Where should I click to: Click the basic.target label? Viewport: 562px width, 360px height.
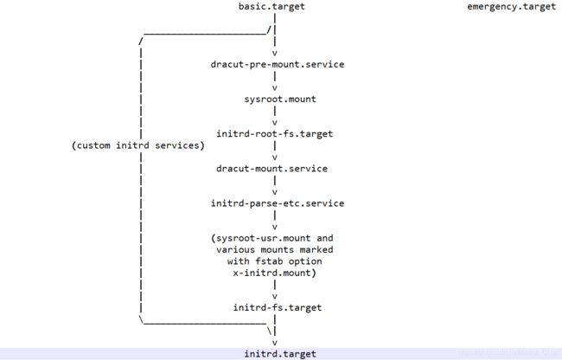(271, 6)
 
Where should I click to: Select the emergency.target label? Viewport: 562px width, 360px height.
(511, 7)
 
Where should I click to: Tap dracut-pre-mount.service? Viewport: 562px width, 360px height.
(278, 65)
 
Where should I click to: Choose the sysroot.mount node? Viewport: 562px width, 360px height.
(280, 100)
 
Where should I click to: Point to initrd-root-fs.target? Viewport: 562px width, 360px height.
(275, 134)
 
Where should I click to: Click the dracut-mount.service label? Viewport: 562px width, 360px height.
(271, 169)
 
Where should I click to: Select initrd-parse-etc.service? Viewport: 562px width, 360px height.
(278, 203)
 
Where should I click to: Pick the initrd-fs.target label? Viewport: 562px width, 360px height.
(278, 308)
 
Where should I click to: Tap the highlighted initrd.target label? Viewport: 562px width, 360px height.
(280, 354)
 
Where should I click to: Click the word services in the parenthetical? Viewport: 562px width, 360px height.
(177, 145)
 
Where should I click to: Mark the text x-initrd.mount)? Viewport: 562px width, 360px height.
(275, 273)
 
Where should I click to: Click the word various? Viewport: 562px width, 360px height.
(236, 250)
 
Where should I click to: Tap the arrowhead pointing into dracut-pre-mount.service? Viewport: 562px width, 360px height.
(275, 54)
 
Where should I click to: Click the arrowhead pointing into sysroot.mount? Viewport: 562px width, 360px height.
(275, 88)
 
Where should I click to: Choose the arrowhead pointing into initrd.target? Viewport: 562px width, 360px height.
(275, 343)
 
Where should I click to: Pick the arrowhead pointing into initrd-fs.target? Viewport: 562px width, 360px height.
(275, 297)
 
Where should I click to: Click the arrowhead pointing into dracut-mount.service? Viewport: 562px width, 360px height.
(275, 157)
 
